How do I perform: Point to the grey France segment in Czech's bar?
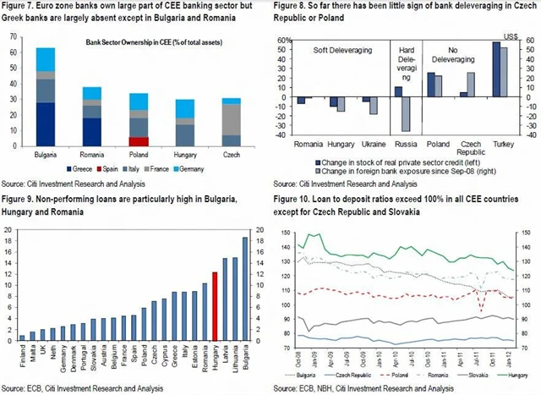230,118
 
